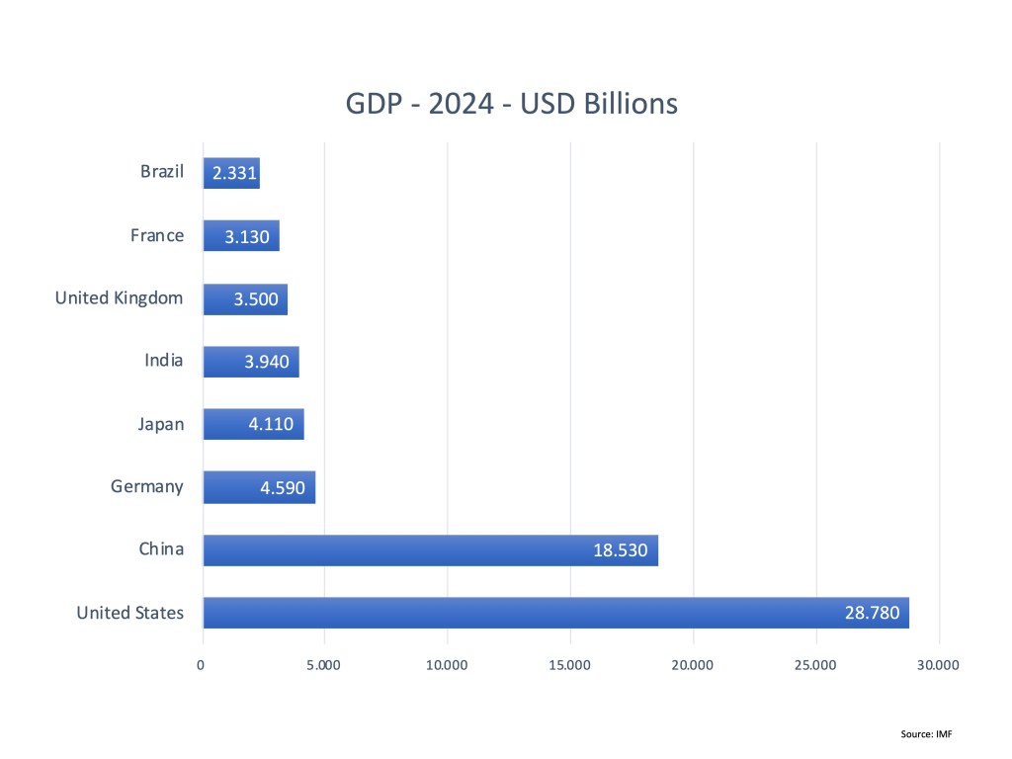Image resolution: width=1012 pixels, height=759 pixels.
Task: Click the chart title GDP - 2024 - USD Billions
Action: [x=511, y=104]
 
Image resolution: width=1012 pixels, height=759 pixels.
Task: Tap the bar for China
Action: [x=395, y=550]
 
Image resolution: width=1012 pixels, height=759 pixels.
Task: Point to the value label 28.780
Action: [x=872, y=613]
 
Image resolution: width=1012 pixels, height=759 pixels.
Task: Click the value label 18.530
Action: [x=620, y=550]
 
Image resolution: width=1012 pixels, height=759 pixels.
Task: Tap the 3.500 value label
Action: [x=256, y=299]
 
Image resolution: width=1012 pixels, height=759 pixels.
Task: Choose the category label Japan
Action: [x=160, y=424]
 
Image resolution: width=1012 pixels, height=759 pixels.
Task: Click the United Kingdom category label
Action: [x=119, y=297]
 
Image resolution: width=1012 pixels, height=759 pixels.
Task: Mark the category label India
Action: [x=163, y=361]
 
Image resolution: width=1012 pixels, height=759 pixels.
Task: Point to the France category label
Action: [x=157, y=235]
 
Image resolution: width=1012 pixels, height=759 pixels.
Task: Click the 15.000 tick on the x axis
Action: [x=570, y=665]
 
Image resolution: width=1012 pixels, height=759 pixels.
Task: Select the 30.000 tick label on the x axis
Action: [x=938, y=665]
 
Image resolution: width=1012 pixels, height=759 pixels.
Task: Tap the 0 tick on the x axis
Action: [x=202, y=665]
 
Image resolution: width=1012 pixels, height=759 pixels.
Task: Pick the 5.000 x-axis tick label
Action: [x=324, y=665]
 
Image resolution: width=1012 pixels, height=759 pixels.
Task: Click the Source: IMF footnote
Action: [x=926, y=733]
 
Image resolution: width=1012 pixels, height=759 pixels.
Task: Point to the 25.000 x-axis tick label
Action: [x=815, y=665]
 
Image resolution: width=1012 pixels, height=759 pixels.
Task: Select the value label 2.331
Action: [x=235, y=175]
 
